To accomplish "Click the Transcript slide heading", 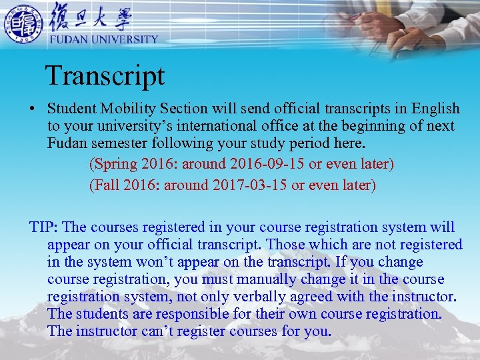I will coord(105,75).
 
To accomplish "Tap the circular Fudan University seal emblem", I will coord(23,25).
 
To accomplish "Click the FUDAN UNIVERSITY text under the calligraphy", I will coord(104,39).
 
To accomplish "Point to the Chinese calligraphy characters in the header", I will coord(91,17).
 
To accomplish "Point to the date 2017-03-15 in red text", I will coord(248,185).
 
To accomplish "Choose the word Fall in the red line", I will coord(107,185).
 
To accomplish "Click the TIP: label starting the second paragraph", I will coord(45,227).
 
